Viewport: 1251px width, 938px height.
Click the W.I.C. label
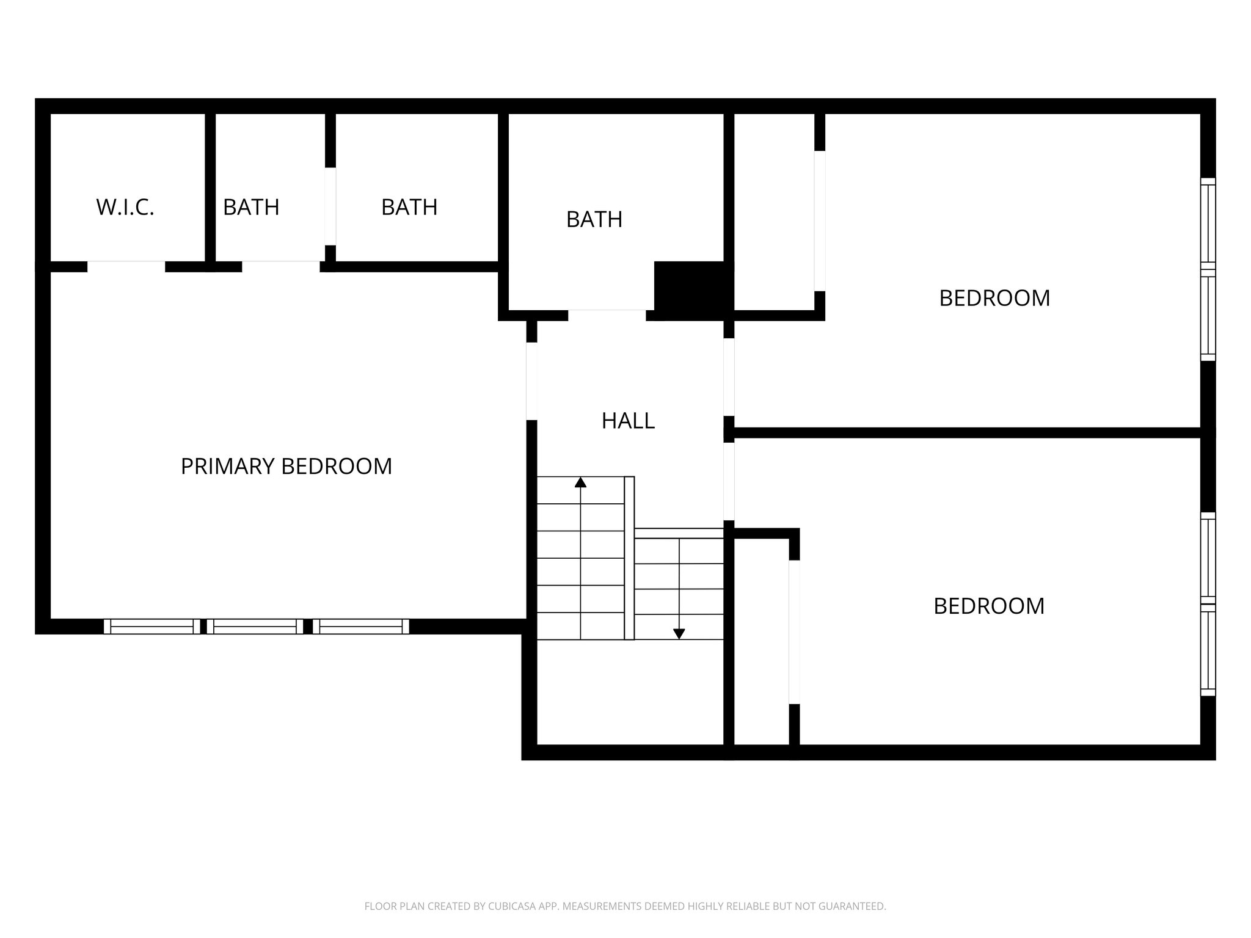tap(125, 208)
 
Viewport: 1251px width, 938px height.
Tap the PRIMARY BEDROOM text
tap(286, 467)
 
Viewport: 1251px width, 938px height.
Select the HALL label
tap(628, 421)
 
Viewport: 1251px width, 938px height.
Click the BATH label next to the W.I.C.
tap(251, 208)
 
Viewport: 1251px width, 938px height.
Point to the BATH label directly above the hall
tap(594, 219)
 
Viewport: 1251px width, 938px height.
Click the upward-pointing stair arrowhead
tap(580, 482)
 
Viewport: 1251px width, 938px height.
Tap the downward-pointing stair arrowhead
tap(679, 634)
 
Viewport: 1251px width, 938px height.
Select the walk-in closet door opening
tap(126, 267)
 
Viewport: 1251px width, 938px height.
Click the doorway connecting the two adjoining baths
tap(330, 206)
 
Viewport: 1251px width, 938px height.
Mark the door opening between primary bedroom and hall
tap(531, 381)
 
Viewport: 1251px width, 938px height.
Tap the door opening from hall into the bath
tap(607, 315)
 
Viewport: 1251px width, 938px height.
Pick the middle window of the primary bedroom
tap(255, 627)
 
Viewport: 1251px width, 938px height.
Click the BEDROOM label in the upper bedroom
tap(994, 299)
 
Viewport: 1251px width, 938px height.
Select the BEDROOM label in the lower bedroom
tap(989, 606)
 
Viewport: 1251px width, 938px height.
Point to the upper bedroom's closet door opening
tap(820, 220)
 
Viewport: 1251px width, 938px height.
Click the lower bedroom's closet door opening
tap(794, 631)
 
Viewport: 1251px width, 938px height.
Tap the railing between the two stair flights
tap(629, 558)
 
